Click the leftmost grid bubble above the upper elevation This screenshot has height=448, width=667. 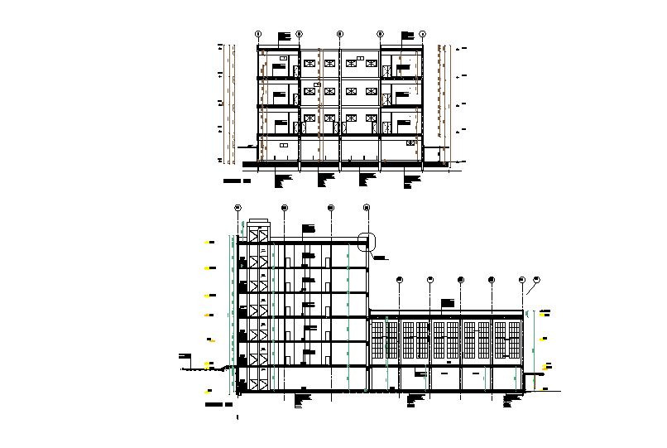[258, 34]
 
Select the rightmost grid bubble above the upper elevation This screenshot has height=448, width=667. [422, 34]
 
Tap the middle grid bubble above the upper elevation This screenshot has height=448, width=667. [340, 34]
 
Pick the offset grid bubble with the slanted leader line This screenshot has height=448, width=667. [536, 279]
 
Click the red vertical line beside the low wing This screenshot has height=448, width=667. [534, 382]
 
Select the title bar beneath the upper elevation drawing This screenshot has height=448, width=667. [238, 180]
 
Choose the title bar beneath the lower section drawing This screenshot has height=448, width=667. [218, 404]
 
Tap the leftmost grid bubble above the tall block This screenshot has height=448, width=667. [238, 207]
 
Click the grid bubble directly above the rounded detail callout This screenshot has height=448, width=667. [367, 207]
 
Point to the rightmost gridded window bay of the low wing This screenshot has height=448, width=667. [508, 340]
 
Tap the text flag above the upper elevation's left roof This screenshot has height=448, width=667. [286, 36]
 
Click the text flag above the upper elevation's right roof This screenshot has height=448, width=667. [407, 35]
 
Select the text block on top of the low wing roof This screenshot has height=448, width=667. [449, 303]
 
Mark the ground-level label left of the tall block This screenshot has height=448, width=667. [185, 358]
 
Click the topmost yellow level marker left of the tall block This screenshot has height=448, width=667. [211, 242]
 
